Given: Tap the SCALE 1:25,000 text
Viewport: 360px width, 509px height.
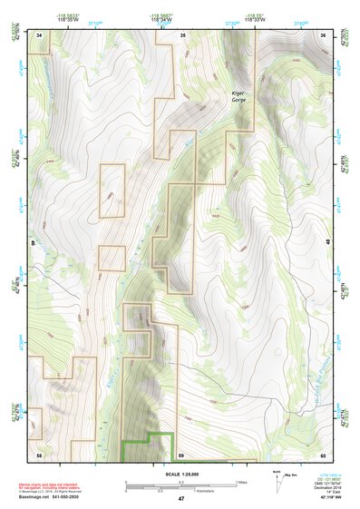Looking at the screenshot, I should pyautogui.click(x=180, y=474).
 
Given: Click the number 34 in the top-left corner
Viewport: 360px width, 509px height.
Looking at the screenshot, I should pyautogui.click(x=39, y=34).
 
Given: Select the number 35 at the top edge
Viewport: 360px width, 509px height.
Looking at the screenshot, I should pyautogui.click(x=182, y=34).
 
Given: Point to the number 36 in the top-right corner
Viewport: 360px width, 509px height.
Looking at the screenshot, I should pyautogui.click(x=325, y=34).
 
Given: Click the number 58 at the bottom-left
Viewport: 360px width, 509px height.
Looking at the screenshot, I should pyautogui.click(x=39, y=453).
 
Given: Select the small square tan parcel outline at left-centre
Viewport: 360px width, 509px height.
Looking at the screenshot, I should pyautogui.click(x=112, y=258).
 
